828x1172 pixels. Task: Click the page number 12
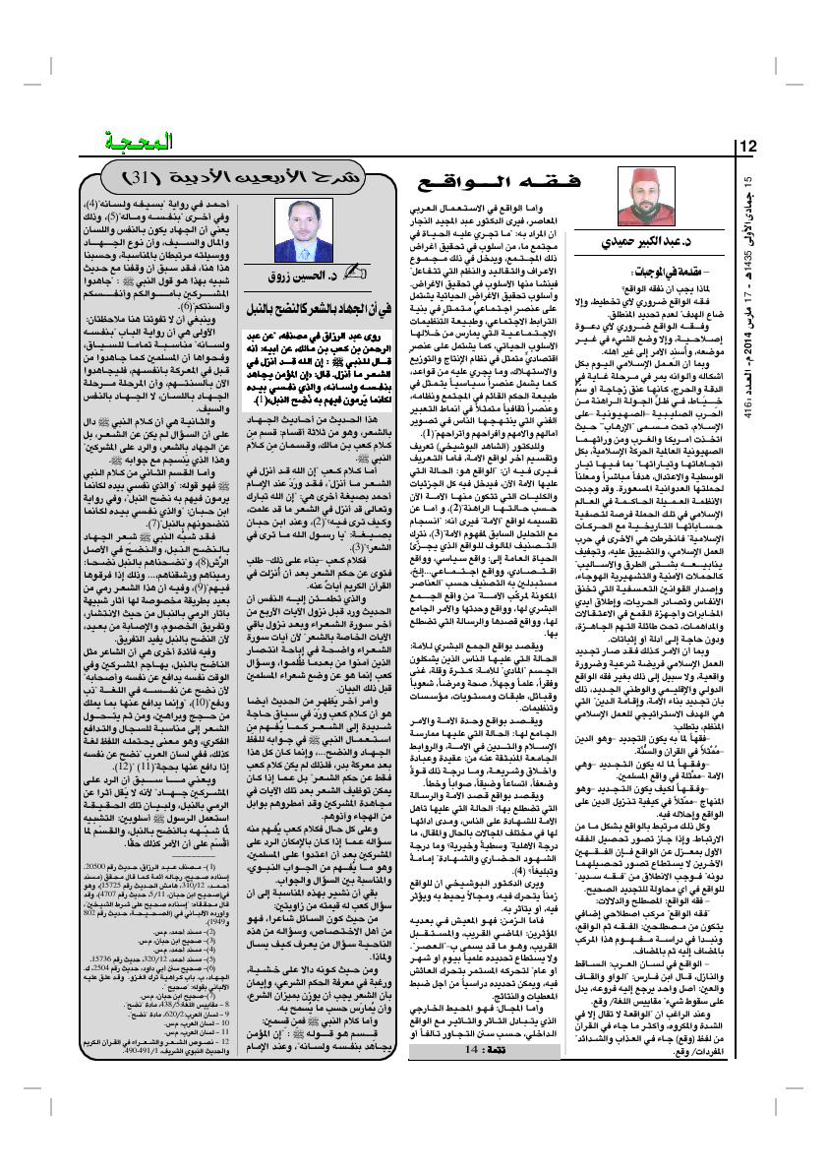747,147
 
